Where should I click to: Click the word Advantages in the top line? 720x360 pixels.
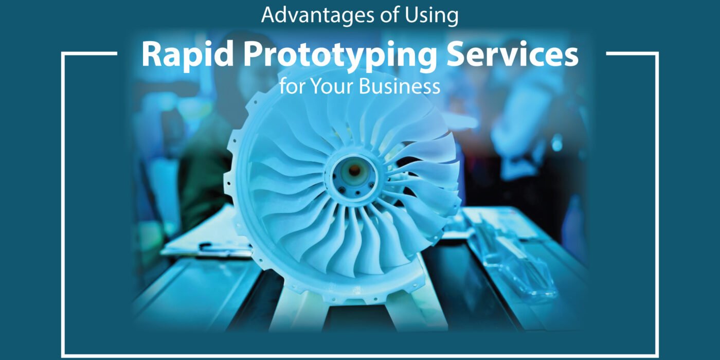pos(318,16)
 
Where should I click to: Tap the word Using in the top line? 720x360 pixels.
pos(431,16)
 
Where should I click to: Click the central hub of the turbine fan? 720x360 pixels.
pos(354,176)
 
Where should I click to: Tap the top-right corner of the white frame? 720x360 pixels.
pos(657,53)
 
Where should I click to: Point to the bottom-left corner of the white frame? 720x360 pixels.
pos(62,355)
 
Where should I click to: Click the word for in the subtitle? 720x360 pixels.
pos(293,86)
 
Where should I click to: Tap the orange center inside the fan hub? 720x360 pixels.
pos(354,170)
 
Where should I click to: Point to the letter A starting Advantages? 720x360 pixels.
pos(268,15)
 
